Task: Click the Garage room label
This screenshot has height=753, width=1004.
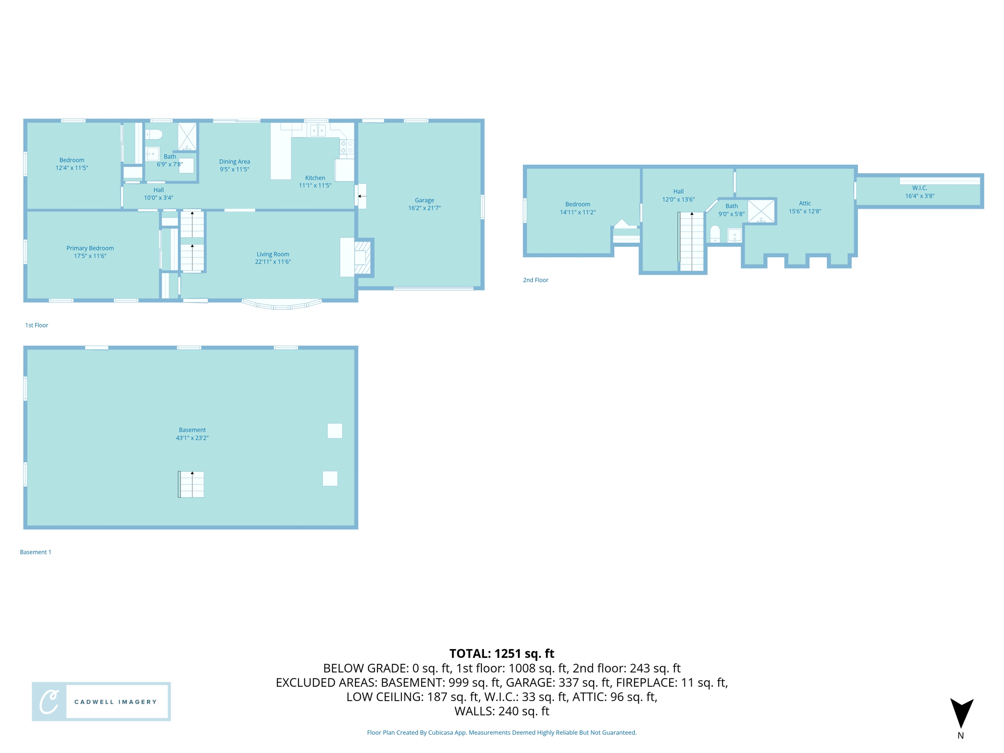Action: (424, 200)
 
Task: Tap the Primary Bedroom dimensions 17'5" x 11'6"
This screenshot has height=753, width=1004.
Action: (90, 256)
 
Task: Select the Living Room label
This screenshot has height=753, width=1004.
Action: (273, 254)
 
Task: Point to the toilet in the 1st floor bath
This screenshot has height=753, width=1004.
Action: (154, 134)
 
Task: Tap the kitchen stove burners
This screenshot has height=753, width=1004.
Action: (347, 147)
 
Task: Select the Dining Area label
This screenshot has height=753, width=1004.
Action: (234, 161)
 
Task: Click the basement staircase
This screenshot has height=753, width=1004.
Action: (191, 484)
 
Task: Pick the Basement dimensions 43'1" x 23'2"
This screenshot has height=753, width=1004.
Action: (192, 438)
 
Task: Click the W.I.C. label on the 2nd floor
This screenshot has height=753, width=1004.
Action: (919, 188)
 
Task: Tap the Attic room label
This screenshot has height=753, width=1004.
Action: (804, 203)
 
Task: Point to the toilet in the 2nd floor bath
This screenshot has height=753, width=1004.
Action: (715, 233)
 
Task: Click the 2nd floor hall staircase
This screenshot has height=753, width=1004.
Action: (691, 241)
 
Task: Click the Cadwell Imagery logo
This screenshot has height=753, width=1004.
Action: (101, 701)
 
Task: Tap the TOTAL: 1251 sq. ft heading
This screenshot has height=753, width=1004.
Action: (502, 653)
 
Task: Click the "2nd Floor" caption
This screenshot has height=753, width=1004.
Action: (535, 280)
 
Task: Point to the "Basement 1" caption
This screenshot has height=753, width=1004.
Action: (35, 552)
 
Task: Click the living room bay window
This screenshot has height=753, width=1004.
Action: (282, 305)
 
